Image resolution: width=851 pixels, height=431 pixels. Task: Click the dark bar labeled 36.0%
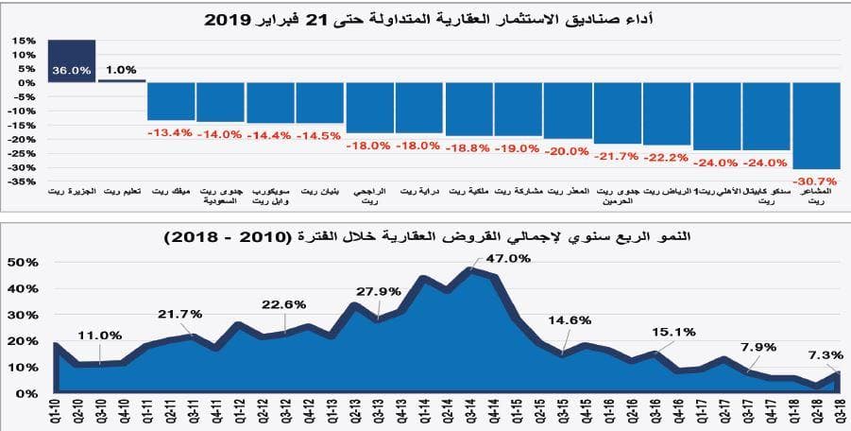71,61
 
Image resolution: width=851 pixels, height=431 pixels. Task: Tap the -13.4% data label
171,132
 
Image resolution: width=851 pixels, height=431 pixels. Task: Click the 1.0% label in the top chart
122,70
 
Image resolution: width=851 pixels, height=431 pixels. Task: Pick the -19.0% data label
517,148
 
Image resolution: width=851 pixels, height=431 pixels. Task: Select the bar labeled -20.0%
567,111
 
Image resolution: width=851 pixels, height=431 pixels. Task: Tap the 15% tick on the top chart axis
24,42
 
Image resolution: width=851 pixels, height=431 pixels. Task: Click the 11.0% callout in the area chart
99,335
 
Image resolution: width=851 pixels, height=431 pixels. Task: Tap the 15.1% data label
673,332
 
